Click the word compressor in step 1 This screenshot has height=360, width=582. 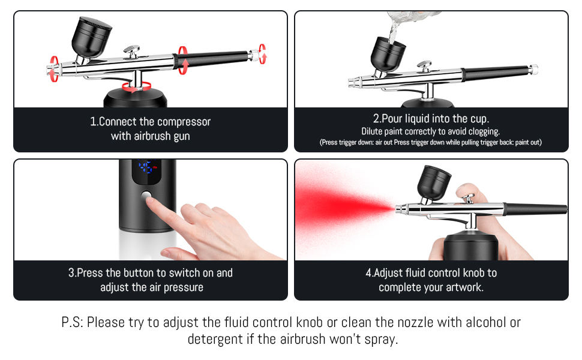click(184, 122)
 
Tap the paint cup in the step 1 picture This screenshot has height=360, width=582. click(91, 37)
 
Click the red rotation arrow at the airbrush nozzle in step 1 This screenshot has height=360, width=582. click(54, 69)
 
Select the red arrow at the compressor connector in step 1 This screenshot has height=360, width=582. click(137, 87)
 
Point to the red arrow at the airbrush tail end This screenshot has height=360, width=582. click(262, 54)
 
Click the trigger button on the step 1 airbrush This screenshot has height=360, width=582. click(132, 51)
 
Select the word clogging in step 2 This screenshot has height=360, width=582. click(484, 131)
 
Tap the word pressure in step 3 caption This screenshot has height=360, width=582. click(184, 287)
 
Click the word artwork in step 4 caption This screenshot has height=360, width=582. click(464, 287)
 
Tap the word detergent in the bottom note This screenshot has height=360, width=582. click(215, 339)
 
